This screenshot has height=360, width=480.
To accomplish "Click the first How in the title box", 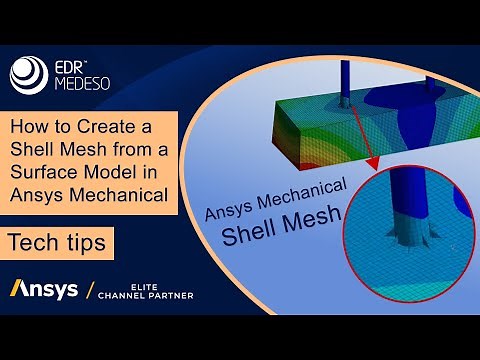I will (34, 128).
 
